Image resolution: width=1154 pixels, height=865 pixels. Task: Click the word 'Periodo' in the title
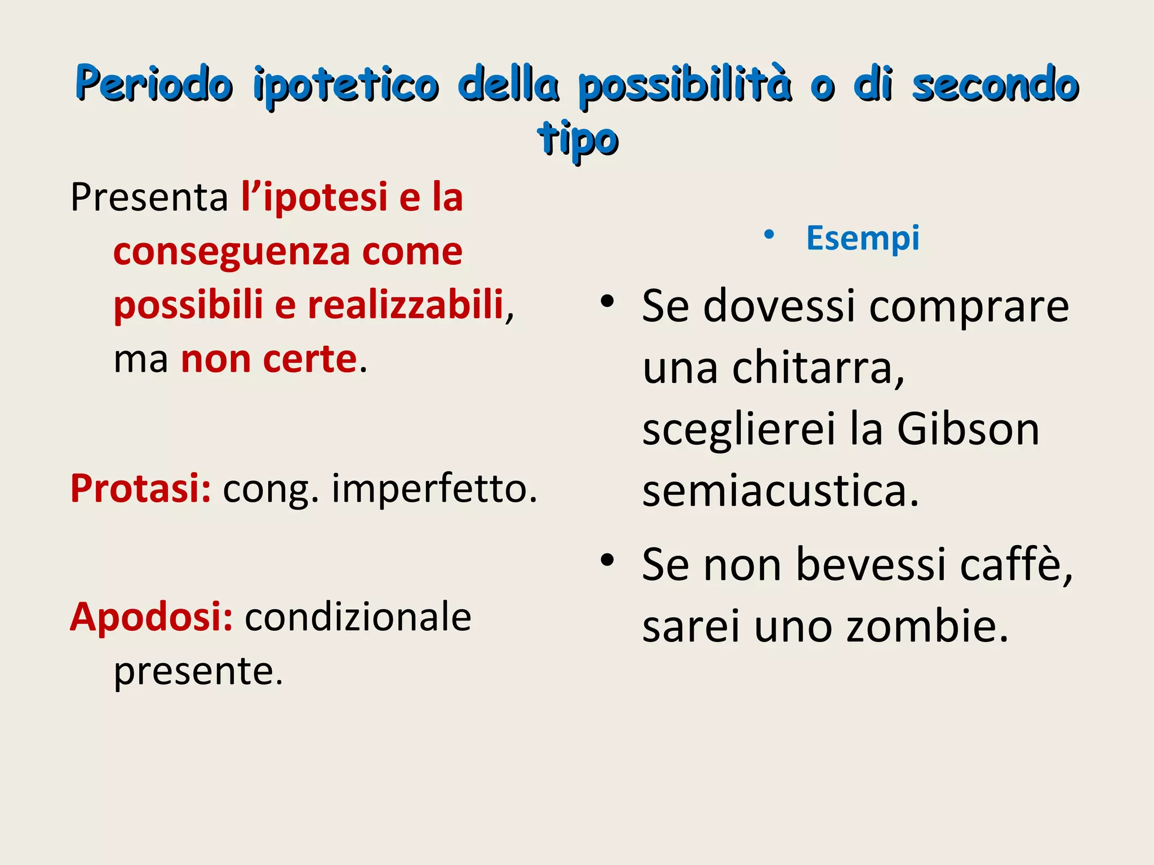[x=154, y=84]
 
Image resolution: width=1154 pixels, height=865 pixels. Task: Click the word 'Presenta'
[x=149, y=198]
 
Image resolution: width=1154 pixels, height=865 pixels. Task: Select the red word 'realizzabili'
[x=405, y=305]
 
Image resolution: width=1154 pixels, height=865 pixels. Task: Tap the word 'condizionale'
[x=358, y=617]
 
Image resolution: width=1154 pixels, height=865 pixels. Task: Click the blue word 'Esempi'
[x=863, y=238]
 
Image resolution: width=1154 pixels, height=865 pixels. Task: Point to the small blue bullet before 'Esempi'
[x=769, y=235]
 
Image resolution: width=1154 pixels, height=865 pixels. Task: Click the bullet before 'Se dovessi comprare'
[x=607, y=302]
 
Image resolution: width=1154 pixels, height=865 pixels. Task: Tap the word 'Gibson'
[x=967, y=429]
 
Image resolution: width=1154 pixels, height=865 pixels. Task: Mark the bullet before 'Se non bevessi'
[x=607, y=560]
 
